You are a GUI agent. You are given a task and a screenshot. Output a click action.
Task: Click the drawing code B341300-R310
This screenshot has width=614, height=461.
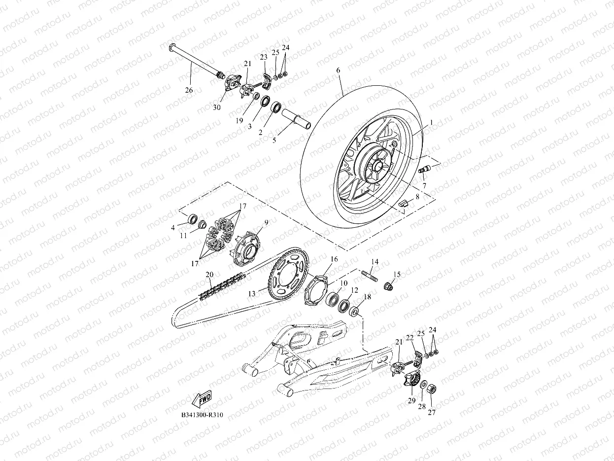(202, 415)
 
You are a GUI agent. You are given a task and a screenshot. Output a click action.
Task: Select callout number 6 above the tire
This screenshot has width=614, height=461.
(338, 71)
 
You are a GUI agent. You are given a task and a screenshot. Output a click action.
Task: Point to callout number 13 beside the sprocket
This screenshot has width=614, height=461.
(252, 293)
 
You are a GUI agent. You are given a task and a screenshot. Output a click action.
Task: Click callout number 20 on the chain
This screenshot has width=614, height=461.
(209, 274)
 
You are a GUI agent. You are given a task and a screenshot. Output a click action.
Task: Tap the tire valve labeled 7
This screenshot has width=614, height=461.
(423, 170)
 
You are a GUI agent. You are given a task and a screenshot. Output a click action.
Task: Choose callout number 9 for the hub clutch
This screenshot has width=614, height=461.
(266, 222)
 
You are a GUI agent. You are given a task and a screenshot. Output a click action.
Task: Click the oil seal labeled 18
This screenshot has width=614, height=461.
(354, 312)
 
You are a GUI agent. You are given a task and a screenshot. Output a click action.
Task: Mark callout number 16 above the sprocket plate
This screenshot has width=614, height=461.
(334, 259)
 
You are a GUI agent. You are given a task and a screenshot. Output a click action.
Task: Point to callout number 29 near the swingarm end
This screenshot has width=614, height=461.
(411, 401)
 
